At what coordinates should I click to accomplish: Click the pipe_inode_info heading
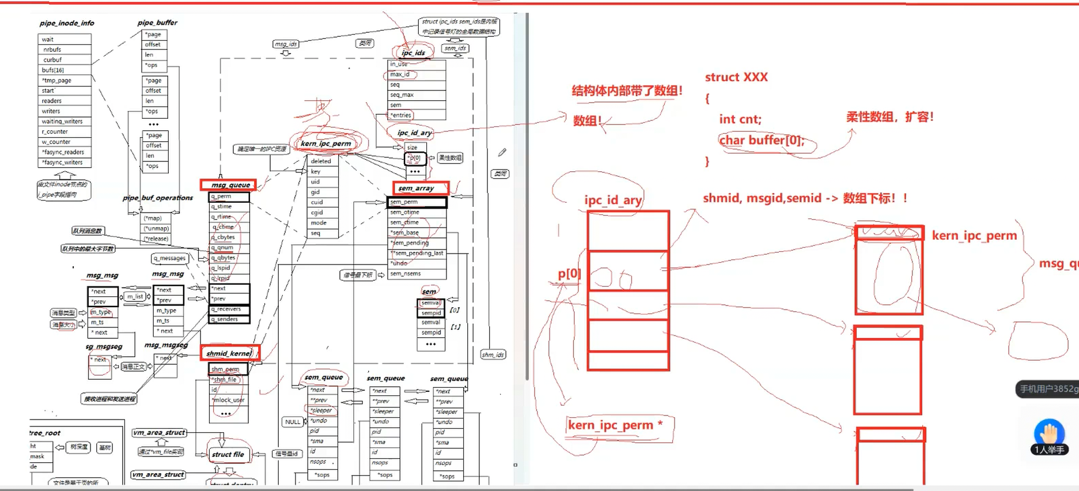pos(67,23)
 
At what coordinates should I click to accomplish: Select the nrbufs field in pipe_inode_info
pos(52,50)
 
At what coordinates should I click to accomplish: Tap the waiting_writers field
pos(62,122)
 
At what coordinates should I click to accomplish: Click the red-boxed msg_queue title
pos(229,185)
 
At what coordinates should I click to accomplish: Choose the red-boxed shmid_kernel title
pos(229,353)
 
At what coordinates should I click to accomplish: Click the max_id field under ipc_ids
pos(400,74)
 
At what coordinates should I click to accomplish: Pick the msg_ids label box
pos(286,44)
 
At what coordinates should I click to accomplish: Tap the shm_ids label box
pos(493,354)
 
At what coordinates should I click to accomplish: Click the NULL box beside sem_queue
pos(293,422)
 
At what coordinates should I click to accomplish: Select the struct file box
pos(228,455)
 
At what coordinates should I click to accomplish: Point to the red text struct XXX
pos(736,77)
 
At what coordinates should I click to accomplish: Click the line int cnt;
pos(740,119)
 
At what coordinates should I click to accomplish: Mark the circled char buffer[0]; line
pos(762,141)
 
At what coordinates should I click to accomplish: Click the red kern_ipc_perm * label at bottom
pos(615,425)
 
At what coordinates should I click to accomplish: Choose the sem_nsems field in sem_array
pos(406,274)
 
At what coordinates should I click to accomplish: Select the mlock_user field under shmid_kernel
pos(230,400)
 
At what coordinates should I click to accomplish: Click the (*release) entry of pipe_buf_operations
pos(156,239)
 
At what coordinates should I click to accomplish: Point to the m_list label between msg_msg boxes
pos(135,296)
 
